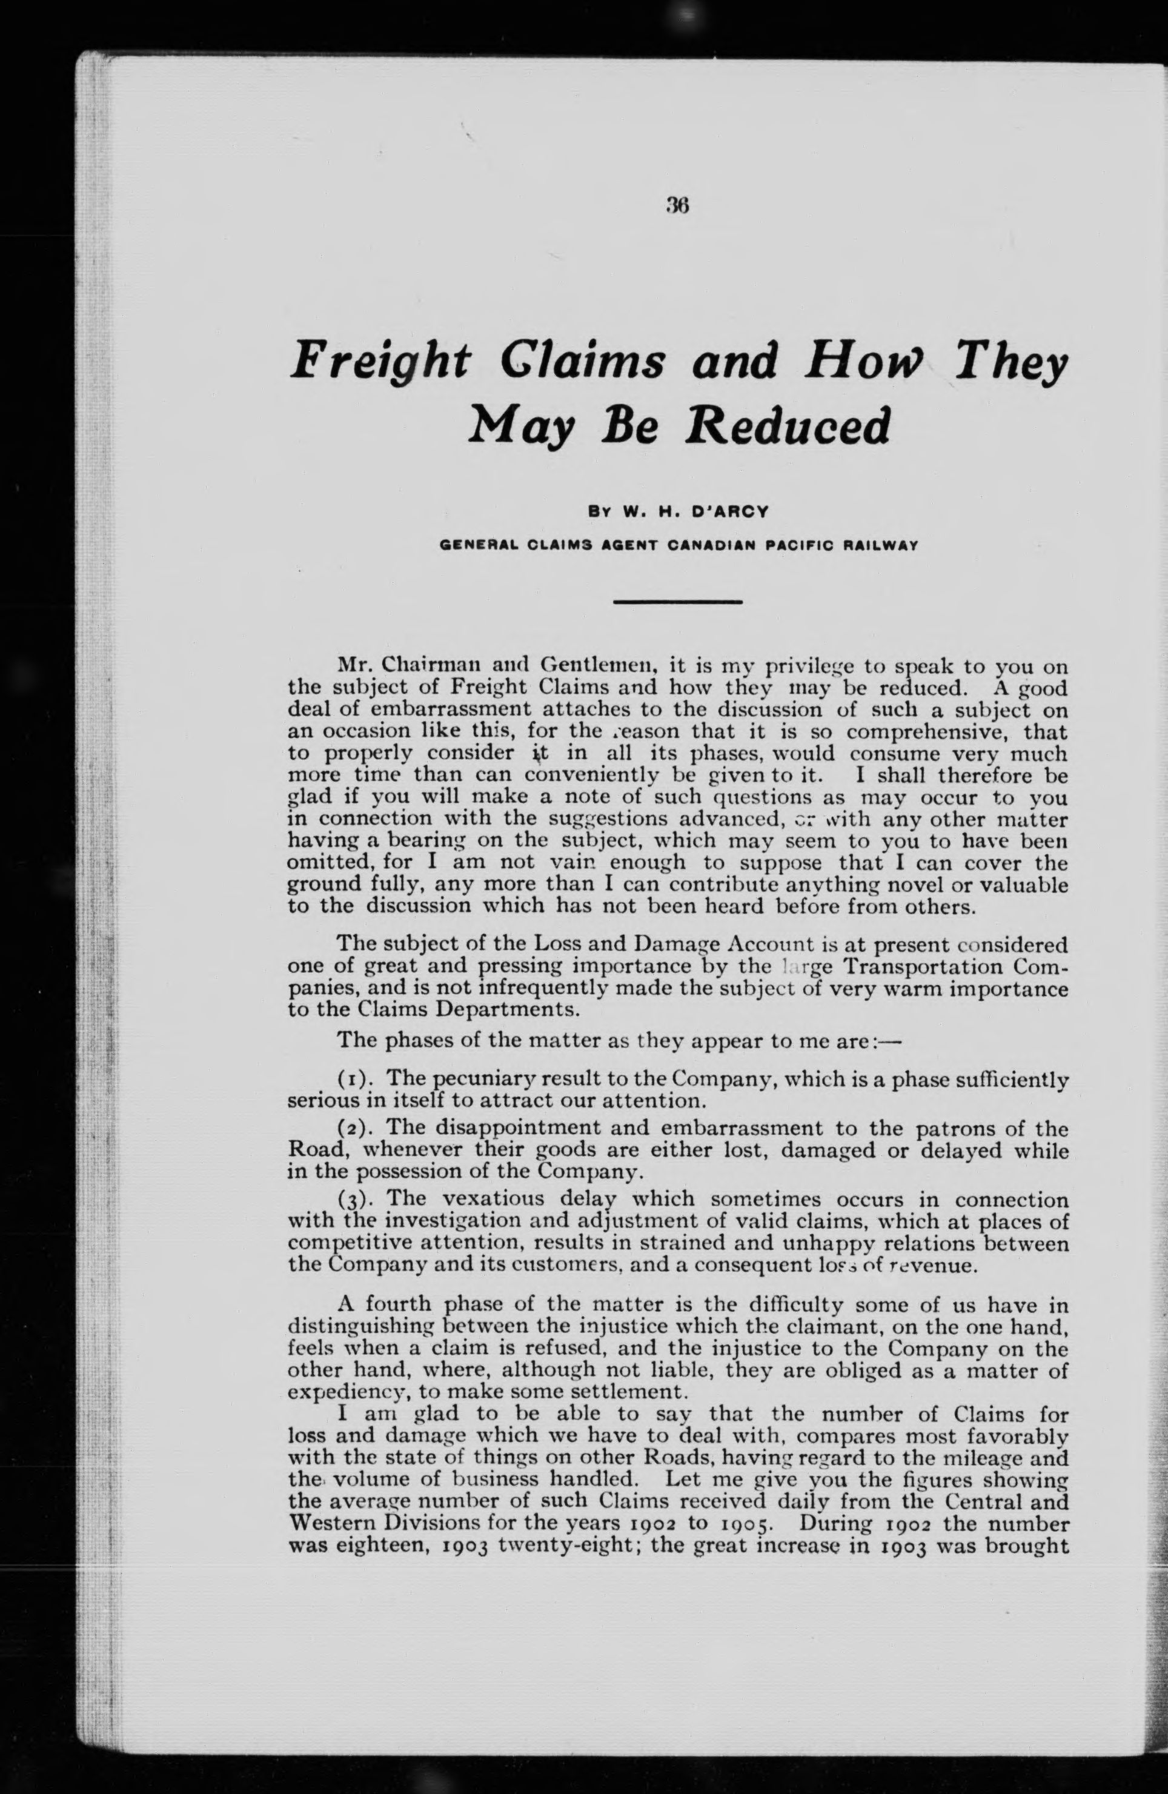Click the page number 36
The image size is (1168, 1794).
point(677,206)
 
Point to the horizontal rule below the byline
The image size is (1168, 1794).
point(677,602)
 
